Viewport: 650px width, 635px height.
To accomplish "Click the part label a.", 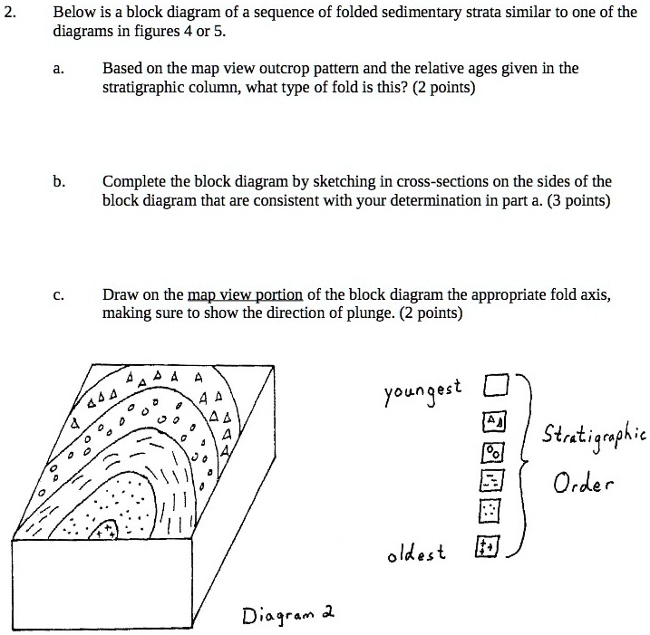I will (x=57, y=69).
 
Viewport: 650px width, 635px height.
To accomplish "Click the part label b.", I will (x=58, y=181).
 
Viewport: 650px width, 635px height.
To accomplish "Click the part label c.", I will (x=57, y=295).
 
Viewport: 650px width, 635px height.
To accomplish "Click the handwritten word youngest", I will (x=423, y=390).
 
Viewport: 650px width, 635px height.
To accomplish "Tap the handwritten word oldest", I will (x=416, y=551).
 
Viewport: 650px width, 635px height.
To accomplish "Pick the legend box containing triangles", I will (x=493, y=422).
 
